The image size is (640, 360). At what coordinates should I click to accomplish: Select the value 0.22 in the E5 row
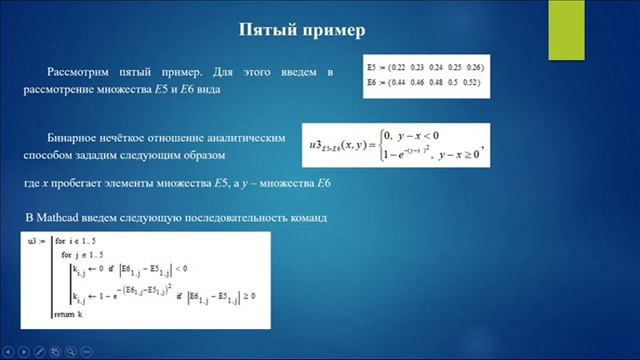[x=398, y=66]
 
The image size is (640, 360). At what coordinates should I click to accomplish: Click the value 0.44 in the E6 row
[x=399, y=80]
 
